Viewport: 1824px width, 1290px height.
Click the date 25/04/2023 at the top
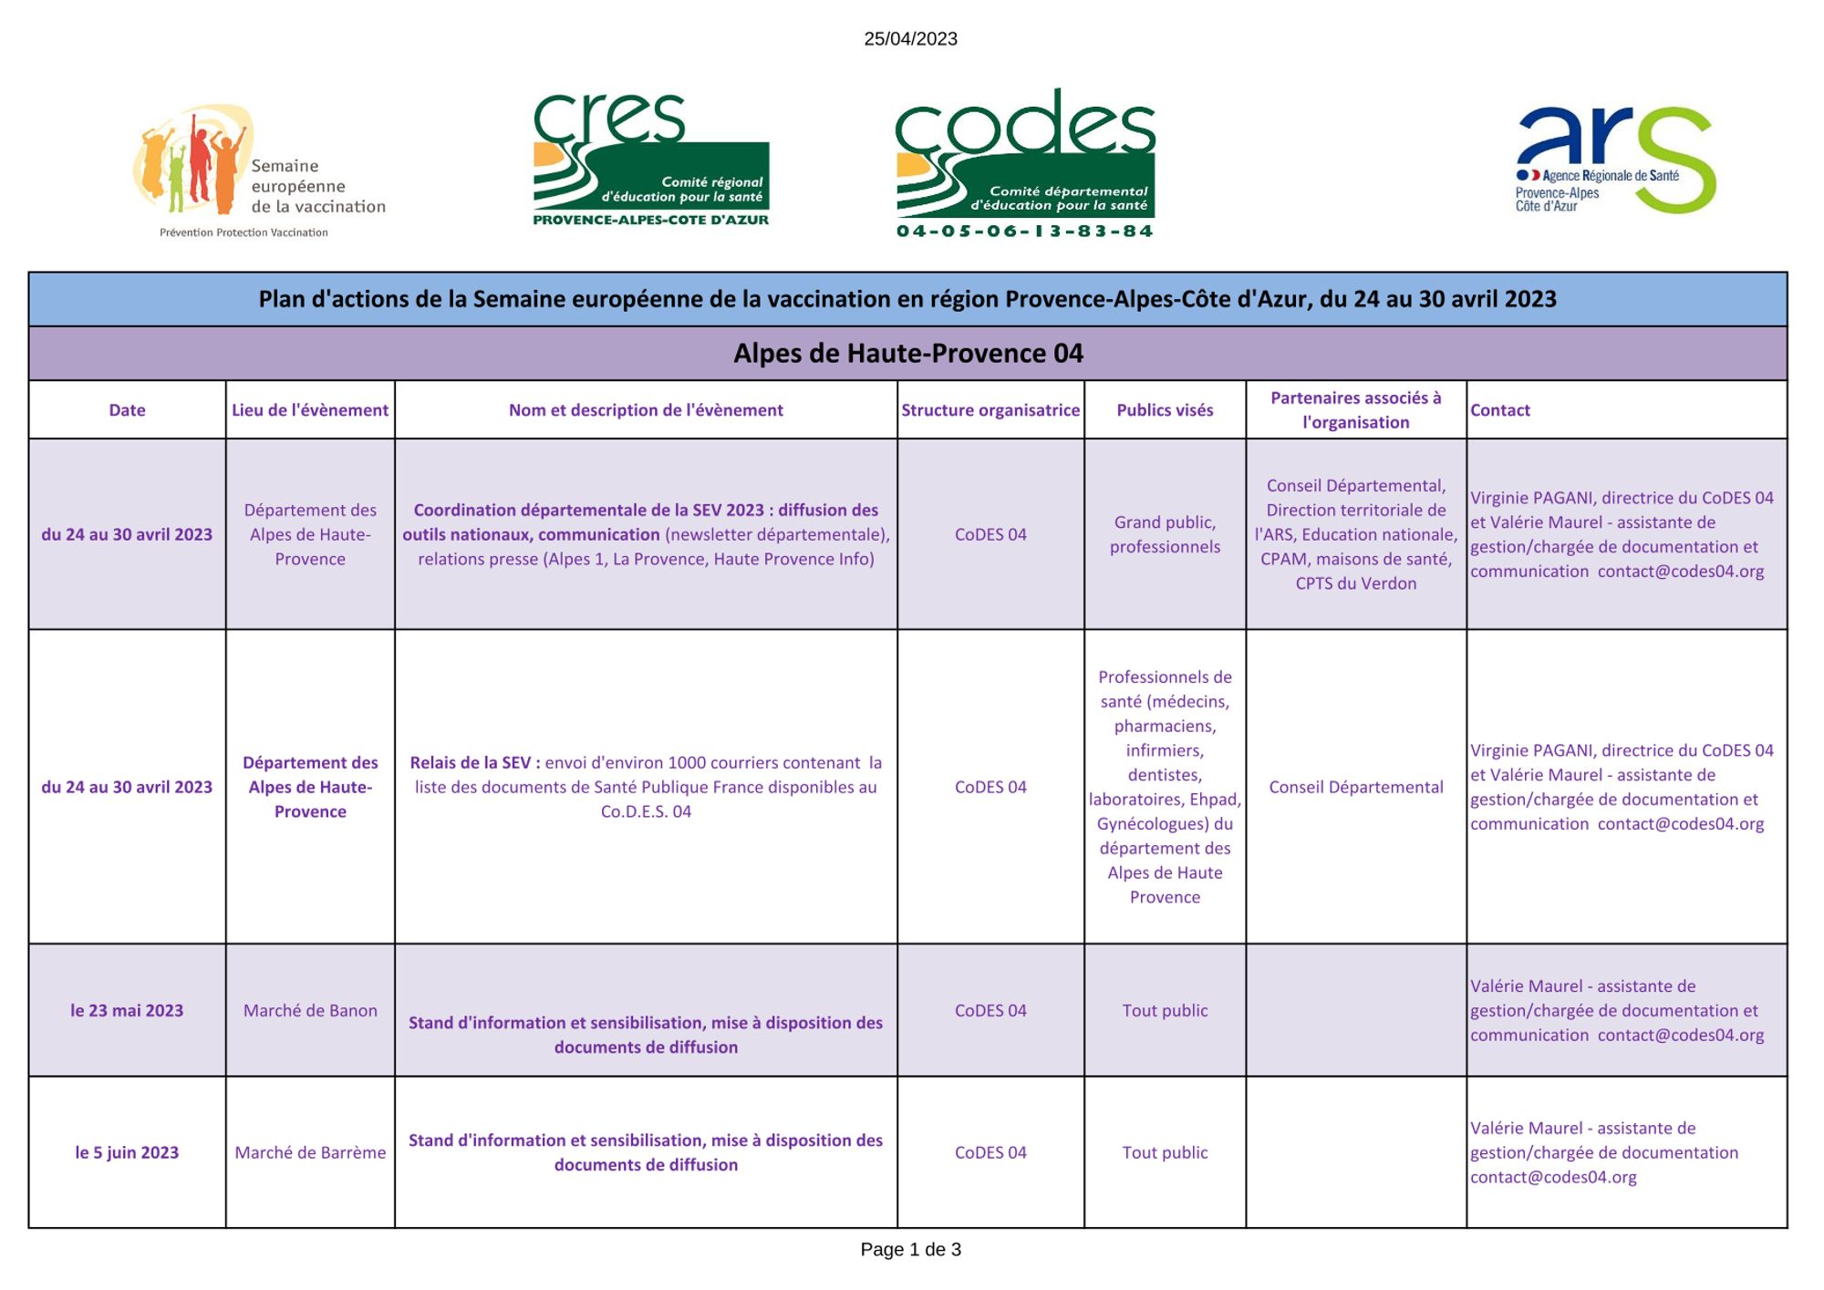tap(910, 38)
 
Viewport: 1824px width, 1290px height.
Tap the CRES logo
tap(650, 159)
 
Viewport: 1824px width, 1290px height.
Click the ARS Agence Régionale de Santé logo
tap(1615, 160)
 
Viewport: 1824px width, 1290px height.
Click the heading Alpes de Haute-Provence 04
tap(908, 354)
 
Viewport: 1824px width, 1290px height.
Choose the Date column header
tap(127, 410)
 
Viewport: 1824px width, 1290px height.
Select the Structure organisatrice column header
tap(990, 410)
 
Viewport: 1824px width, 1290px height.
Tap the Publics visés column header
tap(1165, 410)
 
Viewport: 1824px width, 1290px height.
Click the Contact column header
tap(1500, 410)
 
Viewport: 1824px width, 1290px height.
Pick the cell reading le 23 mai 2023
tap(127, 1010)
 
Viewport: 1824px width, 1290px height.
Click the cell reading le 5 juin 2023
tap(127, 1152)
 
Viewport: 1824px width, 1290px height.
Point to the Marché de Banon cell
tap(310, 1010)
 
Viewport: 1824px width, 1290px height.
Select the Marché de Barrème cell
tap(310, 1152)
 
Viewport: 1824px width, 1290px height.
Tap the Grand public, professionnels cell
tap(1165, 534)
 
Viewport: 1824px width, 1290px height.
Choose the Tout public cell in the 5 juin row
tap(1165, 1152)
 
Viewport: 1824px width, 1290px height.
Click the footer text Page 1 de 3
tap(910, 1250)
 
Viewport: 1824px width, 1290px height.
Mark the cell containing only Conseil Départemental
tap(1355, 787)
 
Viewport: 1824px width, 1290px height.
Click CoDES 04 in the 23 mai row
tap(990, 1010)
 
